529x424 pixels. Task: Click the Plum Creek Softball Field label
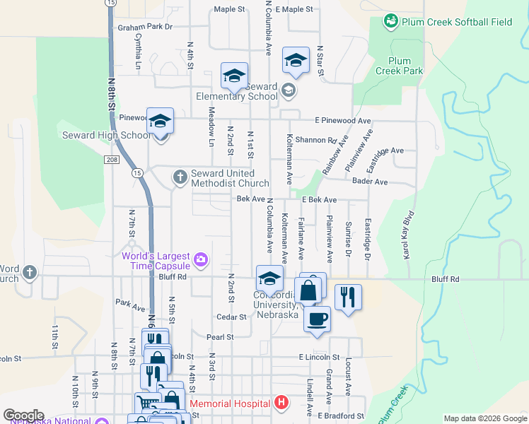coord(457,22)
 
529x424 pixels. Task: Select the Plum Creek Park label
coord(399,66)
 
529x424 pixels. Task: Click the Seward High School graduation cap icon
coord(161,122)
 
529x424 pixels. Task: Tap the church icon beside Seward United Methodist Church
coord(180,177)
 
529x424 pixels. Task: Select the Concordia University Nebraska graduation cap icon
coord(269,278)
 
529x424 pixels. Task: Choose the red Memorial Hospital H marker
coord(281,404)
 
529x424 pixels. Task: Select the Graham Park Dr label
coord(146,27)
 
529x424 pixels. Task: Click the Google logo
coord(23,416)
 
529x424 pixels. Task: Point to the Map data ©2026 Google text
coord(484,418)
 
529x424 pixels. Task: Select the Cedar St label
coord(231,317)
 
